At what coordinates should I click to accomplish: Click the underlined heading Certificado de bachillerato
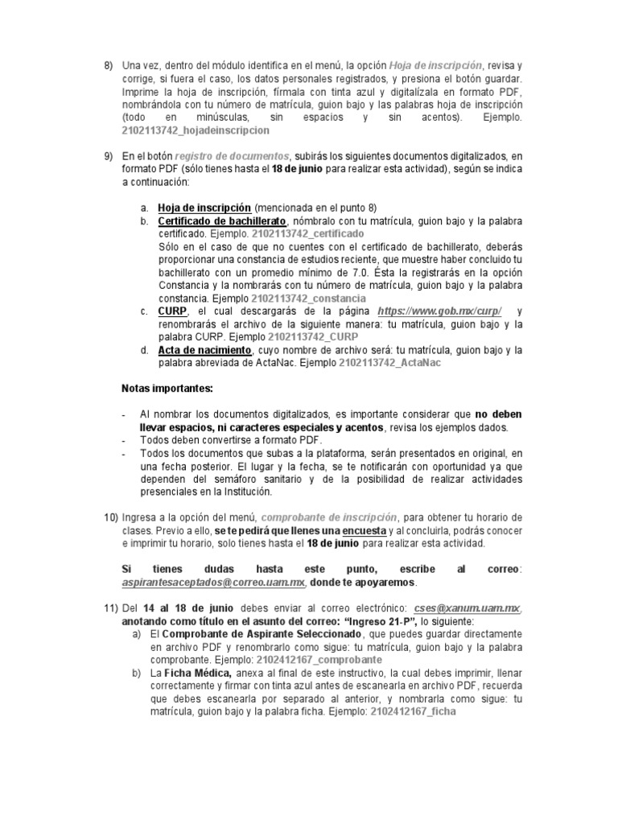pos(222,220)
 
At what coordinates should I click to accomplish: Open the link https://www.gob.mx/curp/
pos(441,311)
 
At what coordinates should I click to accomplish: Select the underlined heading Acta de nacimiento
pos(204,350)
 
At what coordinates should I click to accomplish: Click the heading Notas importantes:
pos(167,389)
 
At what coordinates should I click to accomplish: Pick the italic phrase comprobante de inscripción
pos(330,517)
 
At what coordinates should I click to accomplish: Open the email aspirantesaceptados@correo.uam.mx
pos(213,582)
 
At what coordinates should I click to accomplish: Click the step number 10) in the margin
pos(111,517)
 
